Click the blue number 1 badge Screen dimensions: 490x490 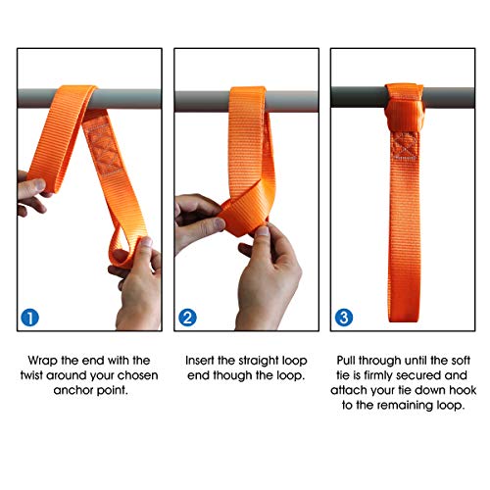[x=30, y=317]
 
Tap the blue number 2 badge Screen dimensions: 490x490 [x=187, y=317]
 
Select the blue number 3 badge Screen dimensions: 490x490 [x=343, y=317]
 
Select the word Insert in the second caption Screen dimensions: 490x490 [x=204, y=360]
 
